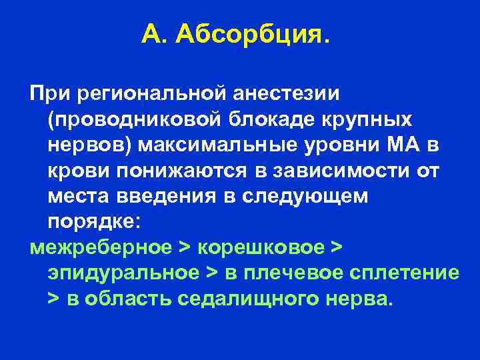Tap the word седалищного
(x=253, y=299)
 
